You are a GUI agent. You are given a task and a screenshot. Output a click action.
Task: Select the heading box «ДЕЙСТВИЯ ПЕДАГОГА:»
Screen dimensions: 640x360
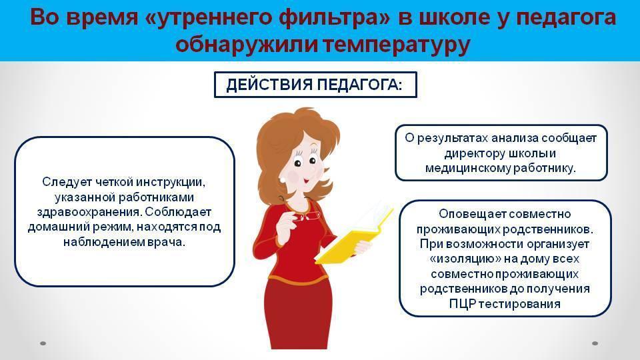315,85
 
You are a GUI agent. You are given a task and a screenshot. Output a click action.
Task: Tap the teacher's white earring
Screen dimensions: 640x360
282,179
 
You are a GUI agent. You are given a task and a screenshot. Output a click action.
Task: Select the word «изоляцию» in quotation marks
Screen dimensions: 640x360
465,259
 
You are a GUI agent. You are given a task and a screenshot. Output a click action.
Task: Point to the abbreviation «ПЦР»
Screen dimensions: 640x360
462,304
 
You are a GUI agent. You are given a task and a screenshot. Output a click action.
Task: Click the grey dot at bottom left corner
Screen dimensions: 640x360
43,343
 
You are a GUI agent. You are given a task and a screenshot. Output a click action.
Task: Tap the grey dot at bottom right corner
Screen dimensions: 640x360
595,343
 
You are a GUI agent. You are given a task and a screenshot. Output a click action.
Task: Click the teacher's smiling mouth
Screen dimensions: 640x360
306,179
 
